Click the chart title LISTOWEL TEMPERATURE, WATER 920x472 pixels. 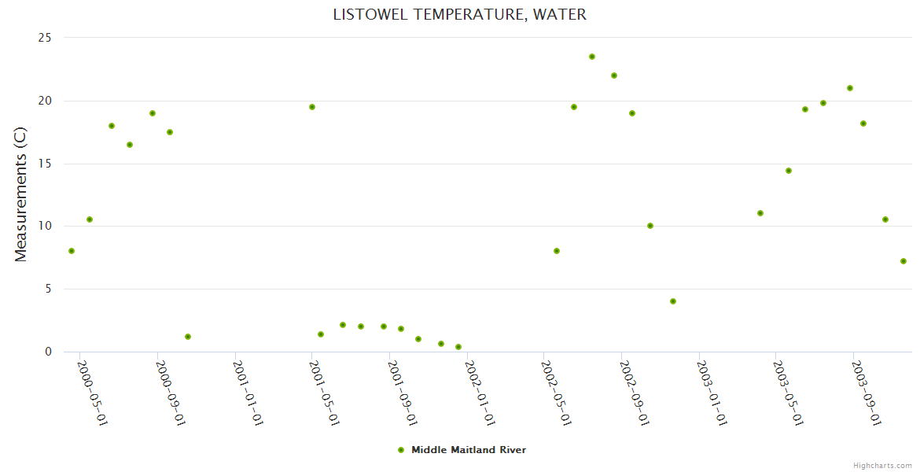tap(459, 14)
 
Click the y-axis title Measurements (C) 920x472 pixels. tap(20, 195)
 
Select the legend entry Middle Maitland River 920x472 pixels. tap(468, 450)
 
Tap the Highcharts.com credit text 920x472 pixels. tap(882, 465)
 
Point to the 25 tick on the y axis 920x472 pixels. tap(45, 38)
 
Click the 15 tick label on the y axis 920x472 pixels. tap(45, 164)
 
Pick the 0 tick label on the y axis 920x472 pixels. tap(48, 352)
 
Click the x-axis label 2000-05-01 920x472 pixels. tap(93, 393)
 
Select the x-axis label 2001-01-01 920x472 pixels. tap(248, 393)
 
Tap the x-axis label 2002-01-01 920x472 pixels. tap(480, 393)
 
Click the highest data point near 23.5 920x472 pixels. tap(592, 57)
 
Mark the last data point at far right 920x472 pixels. tap(903, 261)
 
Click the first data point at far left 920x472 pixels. tap(72, 251)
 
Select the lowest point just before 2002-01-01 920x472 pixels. tap(458, 347)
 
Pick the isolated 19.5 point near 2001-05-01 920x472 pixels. tap(312, 107)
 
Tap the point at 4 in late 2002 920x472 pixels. tap(673, 301)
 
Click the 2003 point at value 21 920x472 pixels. tap(850, 88)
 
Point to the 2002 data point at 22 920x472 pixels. tap(614, 76)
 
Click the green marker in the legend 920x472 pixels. tap(401, 450)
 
